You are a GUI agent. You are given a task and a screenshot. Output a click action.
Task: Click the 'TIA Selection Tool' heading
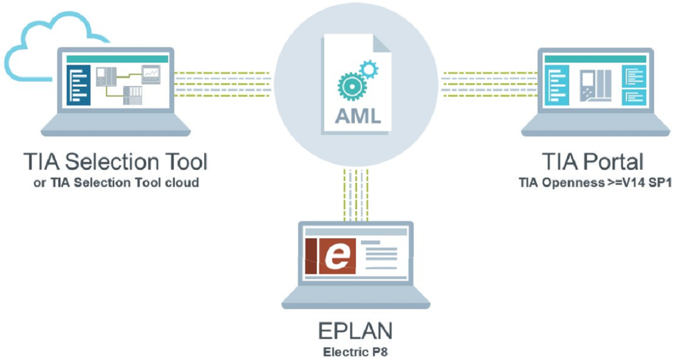(x=115, y=162)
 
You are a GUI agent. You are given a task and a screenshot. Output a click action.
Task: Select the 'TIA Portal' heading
(x=592, y=162)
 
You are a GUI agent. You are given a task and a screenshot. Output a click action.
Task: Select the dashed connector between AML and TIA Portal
(x=489, y=84)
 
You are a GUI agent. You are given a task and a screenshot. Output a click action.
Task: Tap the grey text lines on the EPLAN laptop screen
(x=383, y=256)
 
